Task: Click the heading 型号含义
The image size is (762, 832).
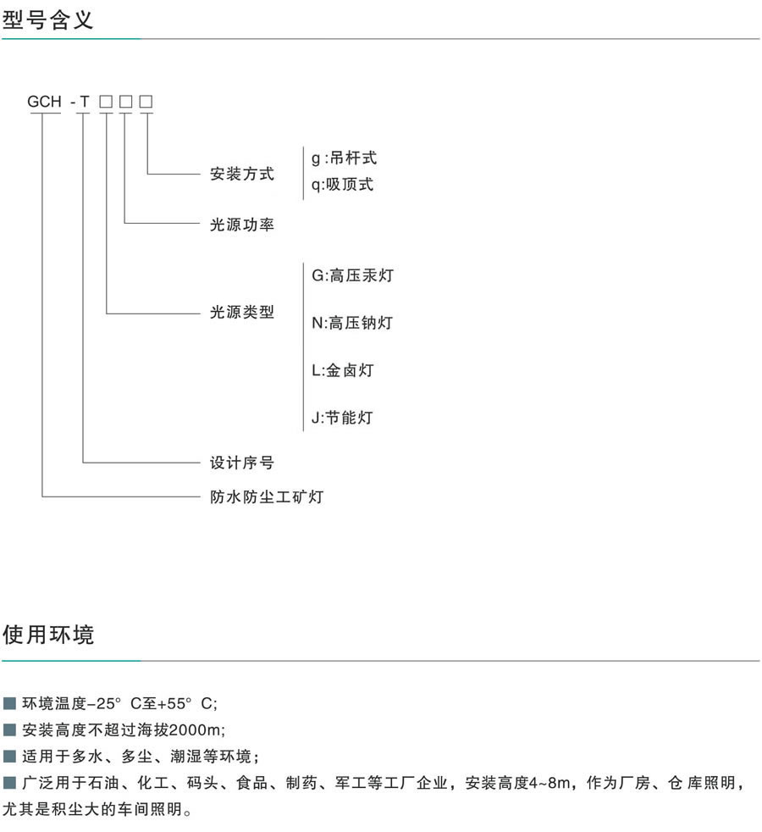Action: [x=48, y=19]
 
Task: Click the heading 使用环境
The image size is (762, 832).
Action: [x=48, y=635]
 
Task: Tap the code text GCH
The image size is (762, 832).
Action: [x=45, y=102]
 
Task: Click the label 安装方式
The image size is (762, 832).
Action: [x=242, y=175]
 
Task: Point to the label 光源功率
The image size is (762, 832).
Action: [x=242, y=225]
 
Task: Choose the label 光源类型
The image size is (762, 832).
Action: [x=242, y=312]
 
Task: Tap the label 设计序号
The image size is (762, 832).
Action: [x=242, y=463]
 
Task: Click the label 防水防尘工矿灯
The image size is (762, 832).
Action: [x=267, y=496]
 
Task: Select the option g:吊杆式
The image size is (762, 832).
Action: [x=344, y=158]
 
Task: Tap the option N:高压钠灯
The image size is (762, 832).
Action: [x=352, y=322]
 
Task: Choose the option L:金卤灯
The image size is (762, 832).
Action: [x=342, y=369]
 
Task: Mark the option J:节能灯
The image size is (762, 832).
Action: [x=342, y=417]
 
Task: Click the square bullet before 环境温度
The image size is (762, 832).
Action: [x=10, y=703]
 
